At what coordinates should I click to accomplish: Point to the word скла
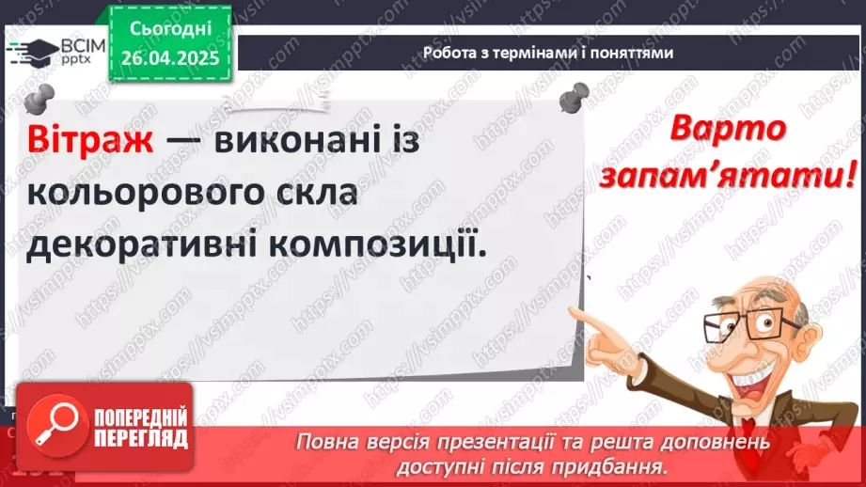point(310,196)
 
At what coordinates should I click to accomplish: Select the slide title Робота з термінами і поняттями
point(548,53)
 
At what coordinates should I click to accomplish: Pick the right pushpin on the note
point(573,95)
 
